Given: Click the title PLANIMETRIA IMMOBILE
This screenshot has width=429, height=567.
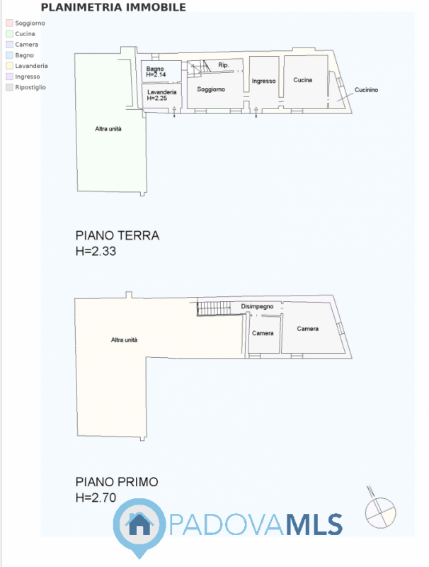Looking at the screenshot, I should pos(113,8).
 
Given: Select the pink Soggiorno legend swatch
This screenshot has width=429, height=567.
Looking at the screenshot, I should pos(9,23).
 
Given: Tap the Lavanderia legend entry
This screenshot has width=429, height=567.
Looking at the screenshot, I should pos(31,66).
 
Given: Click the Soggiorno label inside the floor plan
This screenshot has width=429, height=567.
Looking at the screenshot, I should pos(211,89).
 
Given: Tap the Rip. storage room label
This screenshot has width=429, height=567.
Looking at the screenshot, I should pos(223,66).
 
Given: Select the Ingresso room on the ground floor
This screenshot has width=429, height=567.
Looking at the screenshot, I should pos(263,82).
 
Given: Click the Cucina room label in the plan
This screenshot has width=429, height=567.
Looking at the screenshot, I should pos(303,80).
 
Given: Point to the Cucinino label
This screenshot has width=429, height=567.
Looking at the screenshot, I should pos(367,89).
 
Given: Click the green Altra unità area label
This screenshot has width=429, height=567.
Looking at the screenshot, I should pos(108,128).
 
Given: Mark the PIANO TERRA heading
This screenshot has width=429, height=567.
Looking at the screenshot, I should pos(118,236).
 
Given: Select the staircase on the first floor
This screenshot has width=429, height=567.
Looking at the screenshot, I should pos(213,308).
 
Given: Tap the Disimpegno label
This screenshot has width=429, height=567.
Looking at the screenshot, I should pos(257,306).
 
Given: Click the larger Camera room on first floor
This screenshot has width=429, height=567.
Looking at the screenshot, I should pos(308,329).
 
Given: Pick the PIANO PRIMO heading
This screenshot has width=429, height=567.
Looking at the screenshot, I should pos(117,482).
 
